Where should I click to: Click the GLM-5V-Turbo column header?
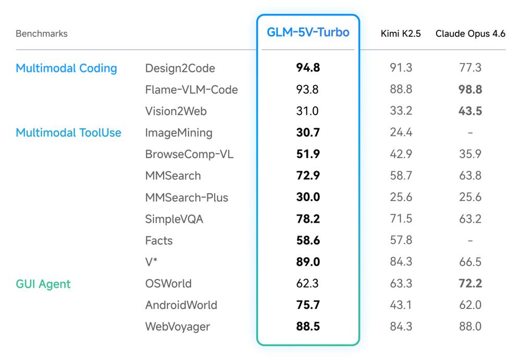308,32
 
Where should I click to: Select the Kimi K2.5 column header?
401,34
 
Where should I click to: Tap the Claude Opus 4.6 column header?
470,34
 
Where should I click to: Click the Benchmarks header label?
42,34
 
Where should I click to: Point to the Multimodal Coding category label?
66,68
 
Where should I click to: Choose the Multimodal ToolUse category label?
68,133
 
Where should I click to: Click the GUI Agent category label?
43,284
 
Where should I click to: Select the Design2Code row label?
180,68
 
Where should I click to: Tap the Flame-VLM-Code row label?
191,90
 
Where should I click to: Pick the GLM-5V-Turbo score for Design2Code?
308,68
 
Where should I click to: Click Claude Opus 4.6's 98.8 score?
470,90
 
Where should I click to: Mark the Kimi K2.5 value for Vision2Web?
401,111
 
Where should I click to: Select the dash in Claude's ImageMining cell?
470,133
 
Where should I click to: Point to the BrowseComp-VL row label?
188,154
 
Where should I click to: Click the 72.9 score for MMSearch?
308,176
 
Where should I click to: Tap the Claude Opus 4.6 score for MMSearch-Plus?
470,197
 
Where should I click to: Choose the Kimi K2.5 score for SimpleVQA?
401,219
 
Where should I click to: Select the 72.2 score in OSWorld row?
470,284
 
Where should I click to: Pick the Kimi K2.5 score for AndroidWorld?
401,305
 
